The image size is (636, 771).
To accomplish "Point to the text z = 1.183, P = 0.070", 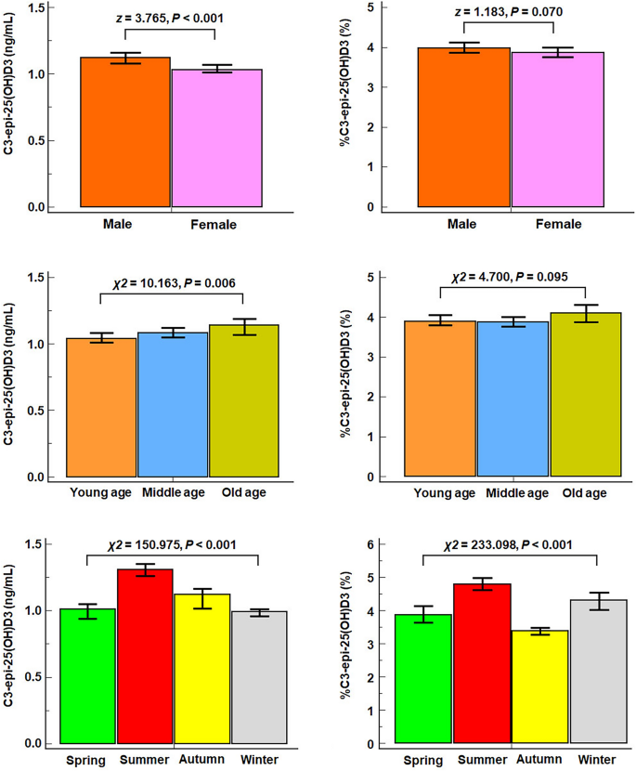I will click(x=508, y=12).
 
